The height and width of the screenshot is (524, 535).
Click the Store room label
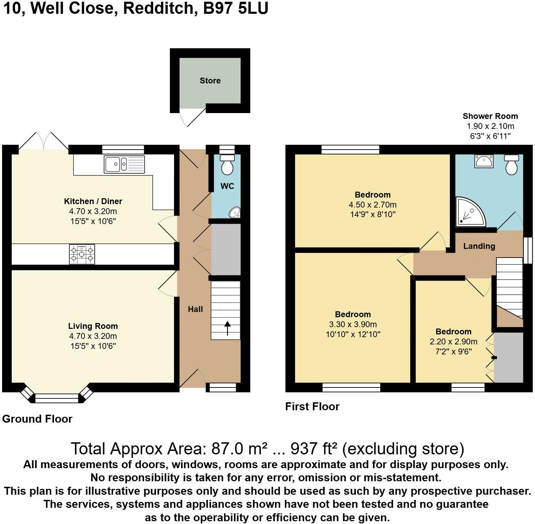[x=210, y=80]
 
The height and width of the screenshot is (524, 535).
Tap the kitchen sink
[x=124, y=164]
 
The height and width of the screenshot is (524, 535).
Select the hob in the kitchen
[x=82, y=254]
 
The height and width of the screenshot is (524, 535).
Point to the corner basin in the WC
[x=235, y=212]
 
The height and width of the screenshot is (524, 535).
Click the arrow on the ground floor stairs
[x=227, y=328]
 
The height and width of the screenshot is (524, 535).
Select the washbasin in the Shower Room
[x=484, y=161]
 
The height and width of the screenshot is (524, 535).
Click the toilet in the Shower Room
[x=512, y=165]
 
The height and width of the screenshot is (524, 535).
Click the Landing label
[x=479, y=246]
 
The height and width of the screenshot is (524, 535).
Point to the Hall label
[x=195, y=309]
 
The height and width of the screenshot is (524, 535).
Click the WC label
[x=227, y=186]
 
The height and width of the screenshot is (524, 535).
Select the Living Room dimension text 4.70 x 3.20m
[x=93, y=336]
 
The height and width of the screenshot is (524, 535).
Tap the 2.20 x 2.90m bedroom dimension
[x=453, y=342]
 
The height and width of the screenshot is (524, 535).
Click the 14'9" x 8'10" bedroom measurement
[x=373, y=214]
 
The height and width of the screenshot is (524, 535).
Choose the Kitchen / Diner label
[x=93, y=201]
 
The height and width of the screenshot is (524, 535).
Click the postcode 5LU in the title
[x=253, y=9]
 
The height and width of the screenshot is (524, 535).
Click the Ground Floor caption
[x=37, y=419]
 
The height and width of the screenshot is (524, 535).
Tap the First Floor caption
[x=312, y=406]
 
